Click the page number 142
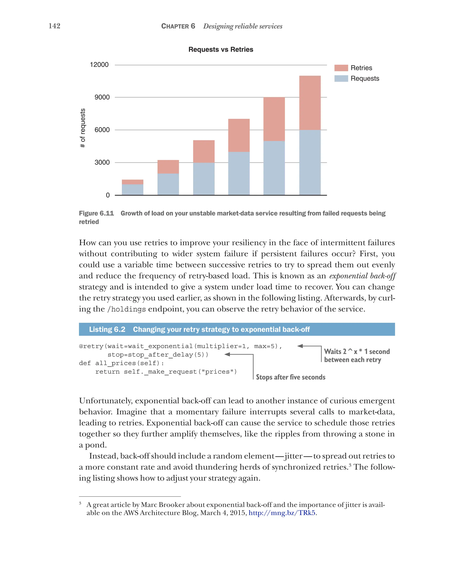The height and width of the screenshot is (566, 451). coord(54,26)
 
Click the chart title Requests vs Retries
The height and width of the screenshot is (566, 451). coord(221,49)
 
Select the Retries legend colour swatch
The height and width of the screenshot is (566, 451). coord(341,68)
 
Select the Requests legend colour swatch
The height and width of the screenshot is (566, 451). coord(341,78)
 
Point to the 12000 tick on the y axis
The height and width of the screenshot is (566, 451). coord(99,65)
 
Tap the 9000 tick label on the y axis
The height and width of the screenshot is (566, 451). coord(102,97)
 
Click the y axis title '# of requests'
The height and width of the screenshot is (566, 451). coord(83,128)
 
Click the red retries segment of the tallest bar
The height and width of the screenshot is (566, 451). coord(310,103)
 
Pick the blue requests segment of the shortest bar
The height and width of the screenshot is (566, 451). coord(133,189)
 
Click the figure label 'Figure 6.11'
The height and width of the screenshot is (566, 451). coord(96,213)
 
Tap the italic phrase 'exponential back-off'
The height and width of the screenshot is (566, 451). coord(362,276)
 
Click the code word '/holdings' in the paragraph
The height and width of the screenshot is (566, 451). coord(126,309)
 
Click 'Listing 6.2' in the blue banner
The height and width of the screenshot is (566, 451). coord(107,329)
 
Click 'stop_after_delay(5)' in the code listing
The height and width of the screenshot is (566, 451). coord(158,355)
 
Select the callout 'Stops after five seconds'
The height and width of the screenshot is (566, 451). coord(290,377)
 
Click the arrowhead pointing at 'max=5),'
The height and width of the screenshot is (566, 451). coord(300,346)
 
